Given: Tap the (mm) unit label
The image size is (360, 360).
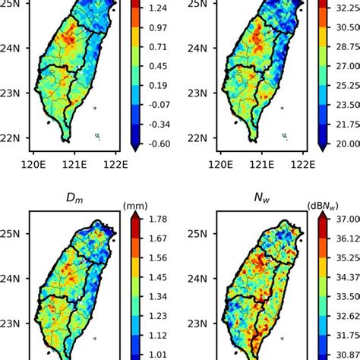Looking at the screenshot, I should [134, 206].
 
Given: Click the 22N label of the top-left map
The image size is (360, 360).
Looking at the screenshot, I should [12, 138].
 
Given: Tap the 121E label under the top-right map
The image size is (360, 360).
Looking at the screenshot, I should [264, 162].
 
